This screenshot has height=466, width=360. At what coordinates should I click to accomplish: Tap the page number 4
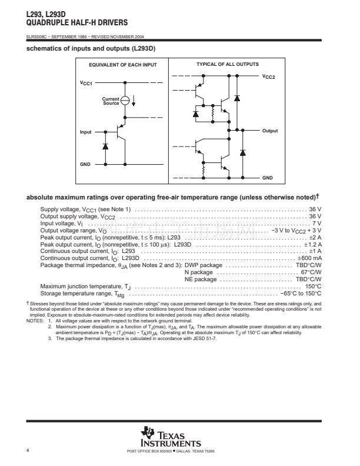(x=28, y=450)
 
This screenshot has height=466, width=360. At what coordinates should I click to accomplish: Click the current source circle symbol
(x=125, y=101)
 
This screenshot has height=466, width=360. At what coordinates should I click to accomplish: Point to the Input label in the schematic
(x=86, y=132)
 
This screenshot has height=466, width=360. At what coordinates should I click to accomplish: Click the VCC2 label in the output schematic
(x=269, y=77)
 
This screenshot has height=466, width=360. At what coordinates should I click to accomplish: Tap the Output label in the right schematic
(x=270, y=131)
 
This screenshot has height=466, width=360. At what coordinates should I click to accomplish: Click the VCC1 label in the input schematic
(x=86, y=84)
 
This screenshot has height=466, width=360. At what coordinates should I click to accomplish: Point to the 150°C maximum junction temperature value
(x=313, y=286)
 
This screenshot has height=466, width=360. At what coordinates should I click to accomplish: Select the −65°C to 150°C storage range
(x=301, y=293)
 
